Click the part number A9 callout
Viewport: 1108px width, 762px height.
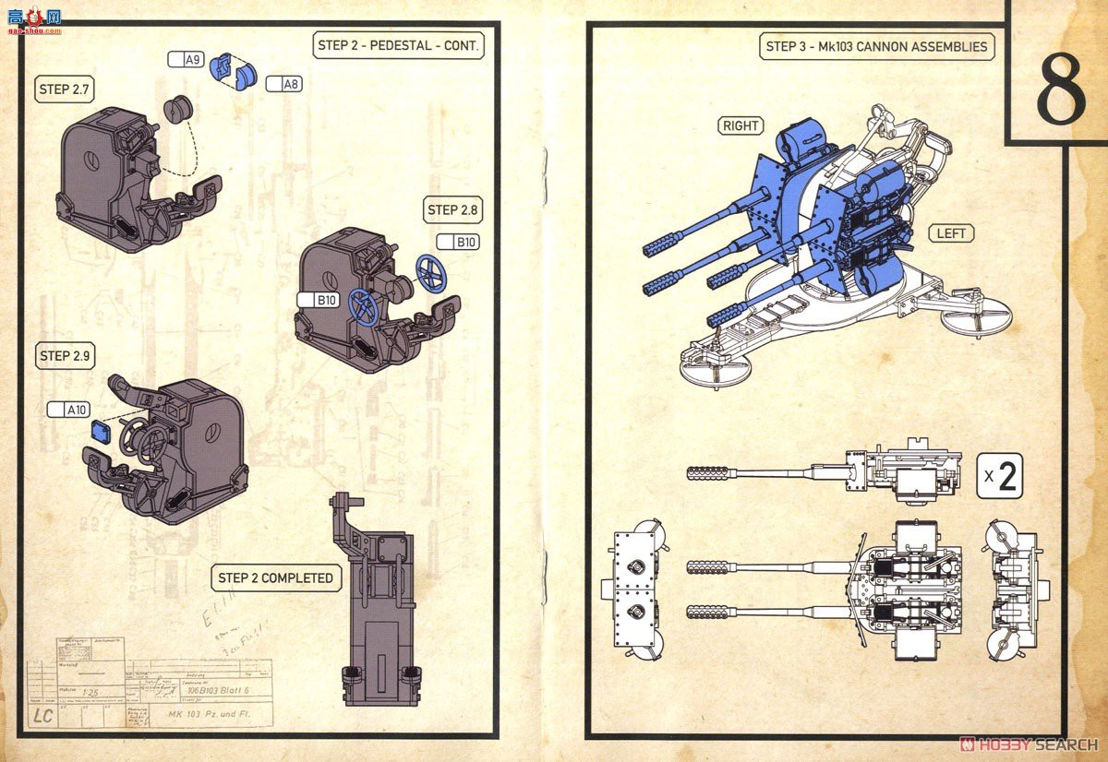187,60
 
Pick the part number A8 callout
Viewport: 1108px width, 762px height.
284,84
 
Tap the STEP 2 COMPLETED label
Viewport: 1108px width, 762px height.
275,578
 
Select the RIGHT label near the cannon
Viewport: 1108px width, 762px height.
741,126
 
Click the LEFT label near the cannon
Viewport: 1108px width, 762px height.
950,233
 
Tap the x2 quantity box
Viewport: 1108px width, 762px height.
999,477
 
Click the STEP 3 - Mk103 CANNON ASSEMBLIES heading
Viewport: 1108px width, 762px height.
876,46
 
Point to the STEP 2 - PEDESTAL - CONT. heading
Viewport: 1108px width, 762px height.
399,45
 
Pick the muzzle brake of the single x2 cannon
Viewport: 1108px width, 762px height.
708,473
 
